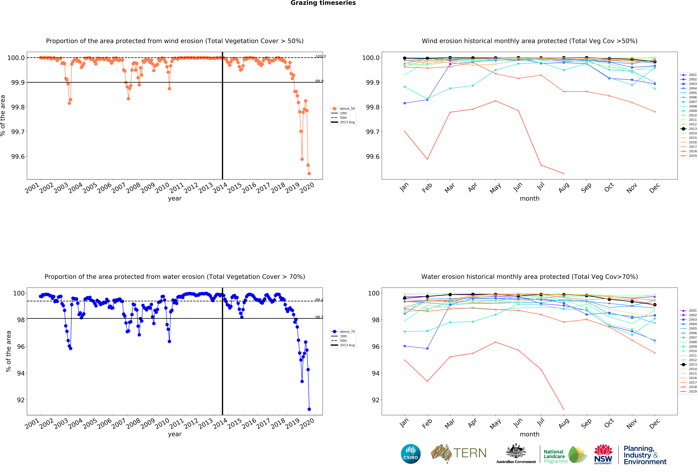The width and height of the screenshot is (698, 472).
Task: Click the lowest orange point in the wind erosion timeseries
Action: (309, 173)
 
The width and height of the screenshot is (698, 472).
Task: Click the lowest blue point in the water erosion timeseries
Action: (309, 409)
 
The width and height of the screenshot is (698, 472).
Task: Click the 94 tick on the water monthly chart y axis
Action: (375, 373)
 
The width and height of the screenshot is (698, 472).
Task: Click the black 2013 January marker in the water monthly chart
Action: (405, 298)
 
